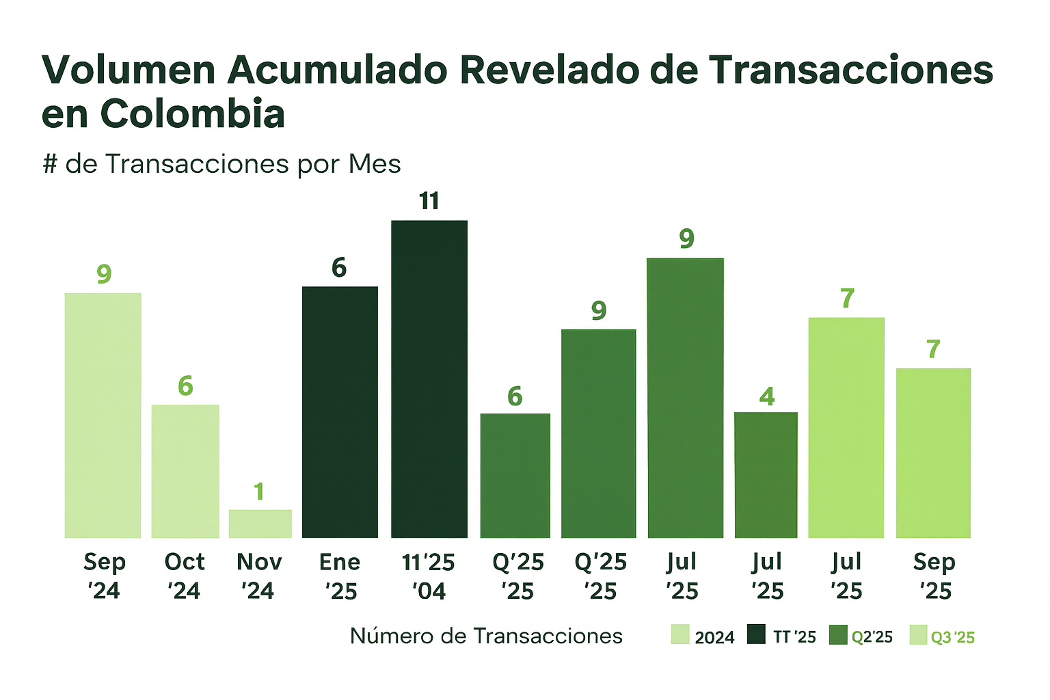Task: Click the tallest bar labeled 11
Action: [x=429, y=379]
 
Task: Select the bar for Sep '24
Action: [x=103, y=415]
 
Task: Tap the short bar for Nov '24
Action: [x=260, y=524]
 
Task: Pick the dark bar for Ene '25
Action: [x=340, y=412]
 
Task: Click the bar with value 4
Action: [x=766, y=474]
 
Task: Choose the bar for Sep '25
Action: [x=933, y=453]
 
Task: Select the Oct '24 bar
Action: [x=185, y=471]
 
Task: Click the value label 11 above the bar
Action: [x=429, y=201]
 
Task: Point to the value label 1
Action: [x=259, y=492]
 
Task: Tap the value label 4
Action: [x=767, y=396]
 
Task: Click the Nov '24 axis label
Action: [x=259, y=576]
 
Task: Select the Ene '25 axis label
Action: [x=340, y=576]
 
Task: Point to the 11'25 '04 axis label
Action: [x=429, y=576]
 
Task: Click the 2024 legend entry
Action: [x=703, y=636]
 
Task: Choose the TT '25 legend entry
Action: [x=782, y=636]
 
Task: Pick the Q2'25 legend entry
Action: [x=861, y=636]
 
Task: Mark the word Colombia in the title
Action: [x=192, y=114]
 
